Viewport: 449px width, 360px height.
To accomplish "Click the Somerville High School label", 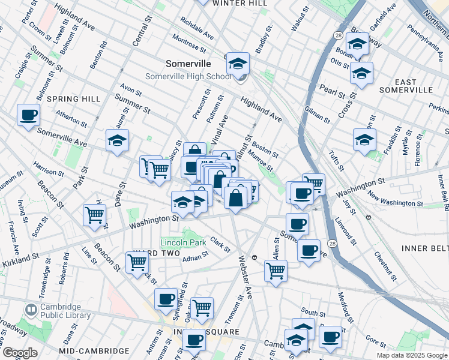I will pyautogui.click(x=188, y=77).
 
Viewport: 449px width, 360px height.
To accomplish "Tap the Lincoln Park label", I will pyautogui.click(x=183, y=242).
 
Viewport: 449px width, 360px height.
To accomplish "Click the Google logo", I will pyautogui.click(x=20, y=353).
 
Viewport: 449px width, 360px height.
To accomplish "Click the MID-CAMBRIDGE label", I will pyautogui.click(x=94, y=350).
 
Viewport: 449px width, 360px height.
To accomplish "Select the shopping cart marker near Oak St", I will pyautogui.click(x=202, y=307).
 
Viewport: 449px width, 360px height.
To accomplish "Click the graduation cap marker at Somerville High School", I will pyautogui.click(x=238, y=63).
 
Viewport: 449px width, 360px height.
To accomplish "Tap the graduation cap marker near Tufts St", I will pyautogui.click(x=364, y=139).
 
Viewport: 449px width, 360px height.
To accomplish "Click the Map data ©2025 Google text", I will pyautogui.click(x=412, y=355).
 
